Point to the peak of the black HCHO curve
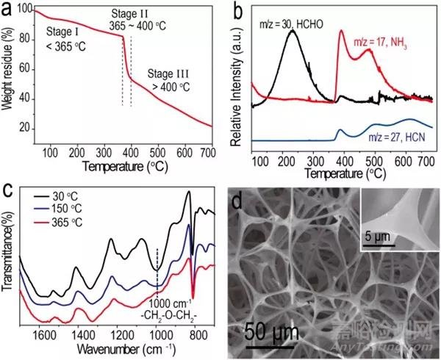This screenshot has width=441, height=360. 293,30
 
